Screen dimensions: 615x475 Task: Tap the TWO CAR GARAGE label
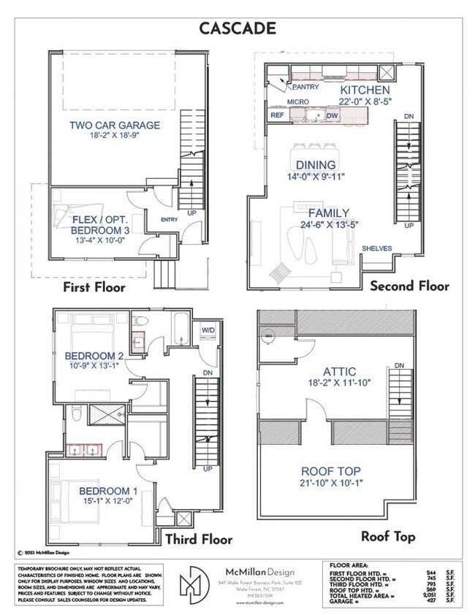pos(115,125)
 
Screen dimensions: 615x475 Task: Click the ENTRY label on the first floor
pos(168,219)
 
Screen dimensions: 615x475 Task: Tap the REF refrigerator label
pos(278,115)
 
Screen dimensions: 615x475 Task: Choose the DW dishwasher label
pos(332,116)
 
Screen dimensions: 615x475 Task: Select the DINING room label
pos(316,165)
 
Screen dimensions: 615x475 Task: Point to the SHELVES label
pos(376,248)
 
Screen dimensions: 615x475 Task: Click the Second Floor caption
pos(409,286)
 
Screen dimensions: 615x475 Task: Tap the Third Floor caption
pos(199,540)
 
